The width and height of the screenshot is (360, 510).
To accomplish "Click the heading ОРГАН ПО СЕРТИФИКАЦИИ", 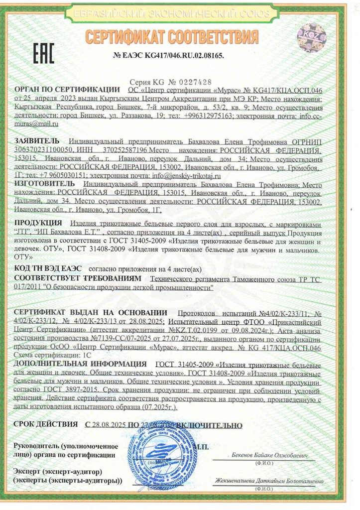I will (x=68, y=90).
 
